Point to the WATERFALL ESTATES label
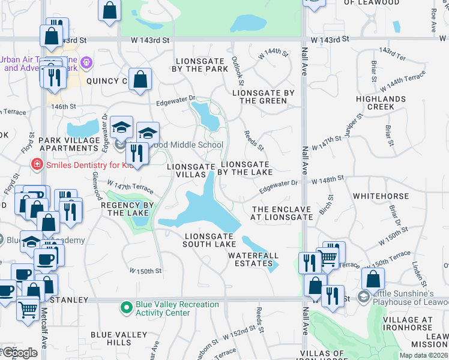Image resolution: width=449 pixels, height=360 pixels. (253, 259)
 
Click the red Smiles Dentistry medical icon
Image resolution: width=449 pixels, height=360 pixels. (37, 163)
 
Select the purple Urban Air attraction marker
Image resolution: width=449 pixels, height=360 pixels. (87, 62)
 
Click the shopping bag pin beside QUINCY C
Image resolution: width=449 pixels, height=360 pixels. (140, 79)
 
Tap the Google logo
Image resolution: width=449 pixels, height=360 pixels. (19, 353)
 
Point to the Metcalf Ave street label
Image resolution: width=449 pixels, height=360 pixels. (44, 334)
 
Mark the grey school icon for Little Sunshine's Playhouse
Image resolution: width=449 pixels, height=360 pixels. (363, 297)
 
